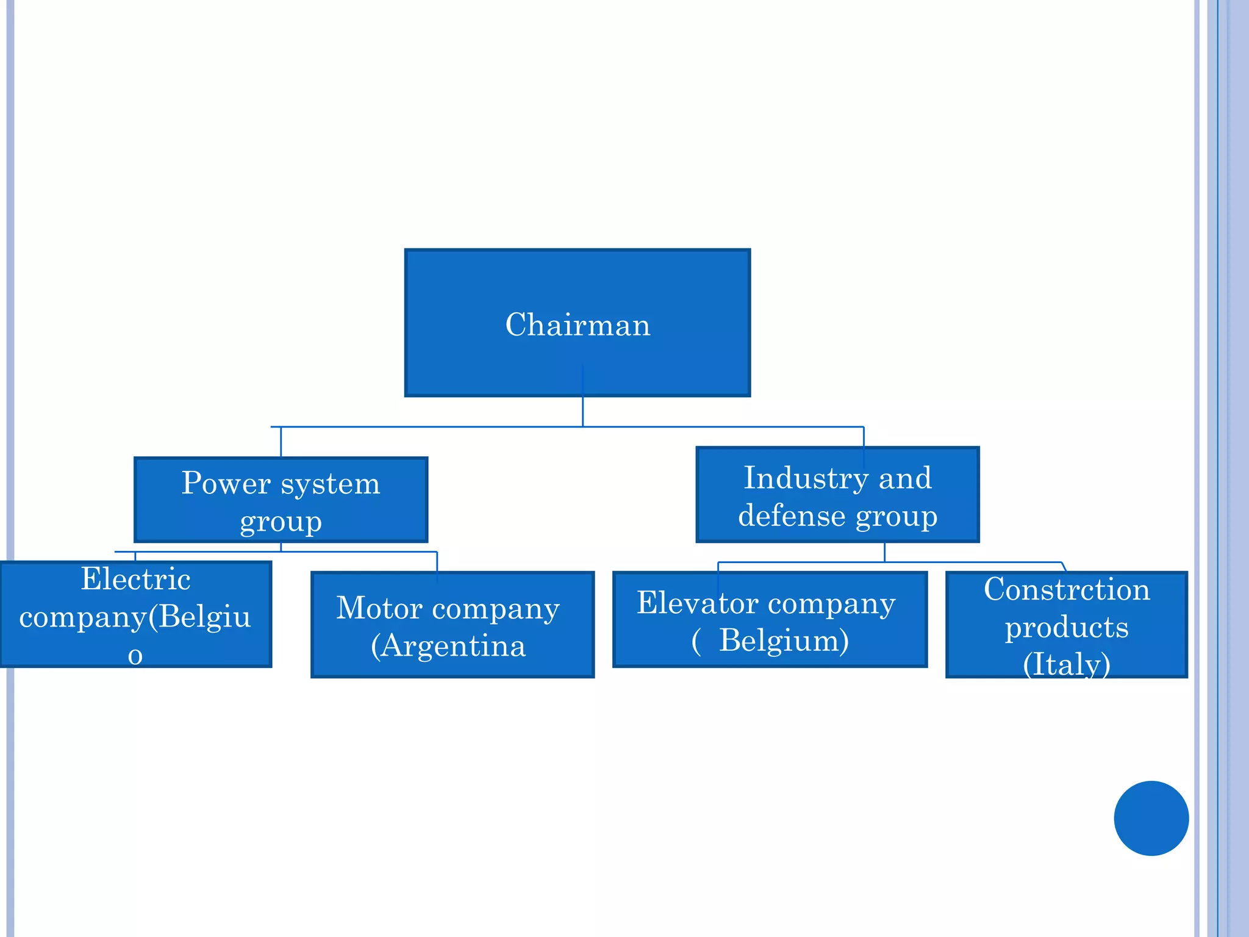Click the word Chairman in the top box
tap(578, 325)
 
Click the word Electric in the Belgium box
tap(135, 578)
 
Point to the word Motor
tap(379, 608)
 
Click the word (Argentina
tap(448, 645)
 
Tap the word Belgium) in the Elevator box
tap(784, 641)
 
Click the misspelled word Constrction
tap(1067, 589)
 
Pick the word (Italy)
tap(1067, 664)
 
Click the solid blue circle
tap(1151, 818)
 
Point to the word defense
tap(792, 516)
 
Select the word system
tap(330, 484)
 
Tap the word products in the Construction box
tap(1067, 627)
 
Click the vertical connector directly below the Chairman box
tap(582, 412)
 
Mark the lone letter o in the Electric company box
tap(135, 655)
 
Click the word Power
tap(226, 483)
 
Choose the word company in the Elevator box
tap(831, 604)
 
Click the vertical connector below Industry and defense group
tap(884, 552)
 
